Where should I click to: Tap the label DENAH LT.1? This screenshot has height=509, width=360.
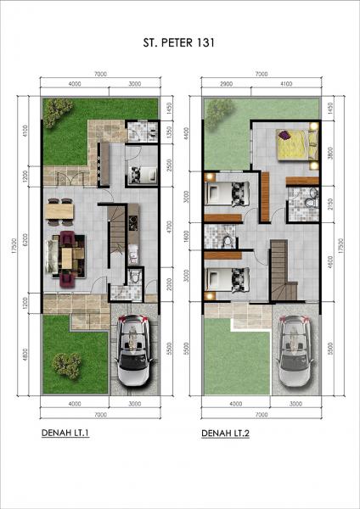tap(65, 433)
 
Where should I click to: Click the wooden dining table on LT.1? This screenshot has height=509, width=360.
tap(59, 209)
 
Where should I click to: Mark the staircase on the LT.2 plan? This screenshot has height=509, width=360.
tap(283, 267)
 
